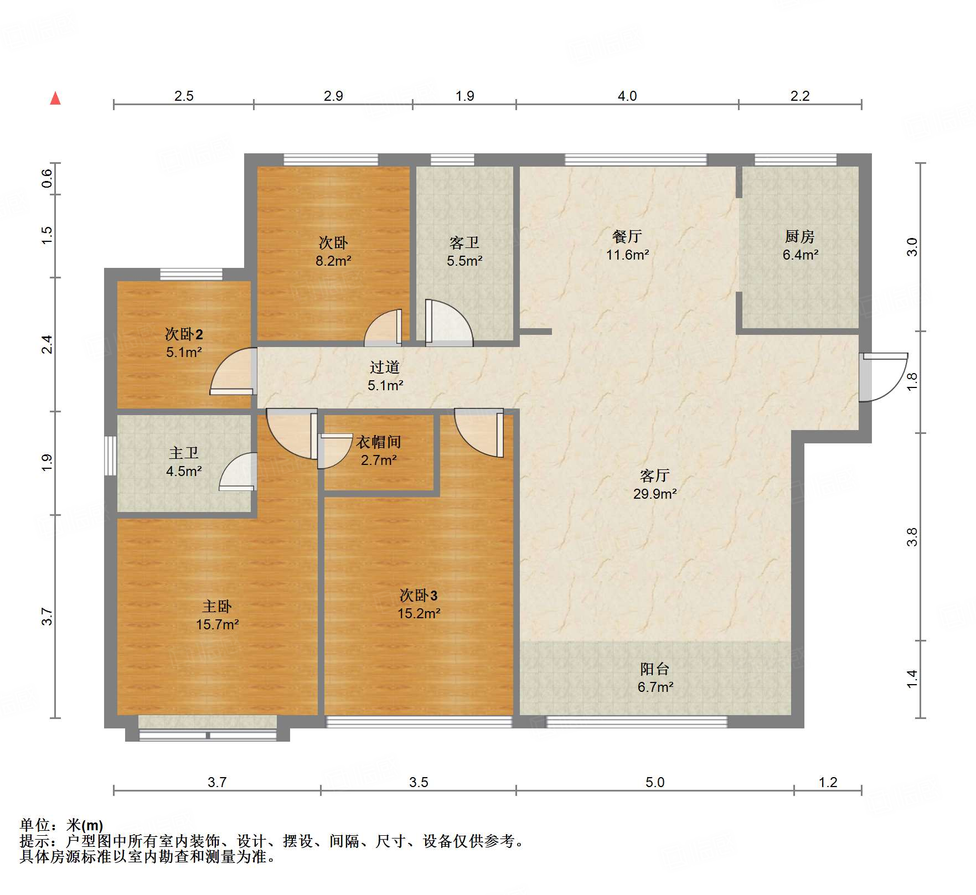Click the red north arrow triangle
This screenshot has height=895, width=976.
[x=55, y=99]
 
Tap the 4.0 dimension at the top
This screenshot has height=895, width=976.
[x=627, y=96]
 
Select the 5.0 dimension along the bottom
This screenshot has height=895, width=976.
[x=654, y=782]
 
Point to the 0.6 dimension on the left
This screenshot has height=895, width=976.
[x=47, y=178]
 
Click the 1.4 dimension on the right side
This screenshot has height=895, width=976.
[x=912, y=679]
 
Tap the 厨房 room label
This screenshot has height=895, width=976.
[x=799, y=237]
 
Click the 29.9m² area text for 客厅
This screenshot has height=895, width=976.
[x=654, y=494]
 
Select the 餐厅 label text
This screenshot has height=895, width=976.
[x=627, y=237]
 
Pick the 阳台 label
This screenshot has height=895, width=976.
[x=654, y=669]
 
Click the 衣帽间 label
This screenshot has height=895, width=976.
[x=378, y=442]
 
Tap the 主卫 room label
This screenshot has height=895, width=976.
[x=183, y=453]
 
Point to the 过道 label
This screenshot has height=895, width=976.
[x=384, y=367]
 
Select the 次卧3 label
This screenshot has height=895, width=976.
[x=419, y=596]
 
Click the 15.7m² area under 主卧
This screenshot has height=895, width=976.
[x=217, y=624]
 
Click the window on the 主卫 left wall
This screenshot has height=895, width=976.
[x=111, y=456]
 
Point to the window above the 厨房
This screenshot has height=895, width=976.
[x=795, y=160]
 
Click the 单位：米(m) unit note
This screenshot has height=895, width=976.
[x=61, y=825]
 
